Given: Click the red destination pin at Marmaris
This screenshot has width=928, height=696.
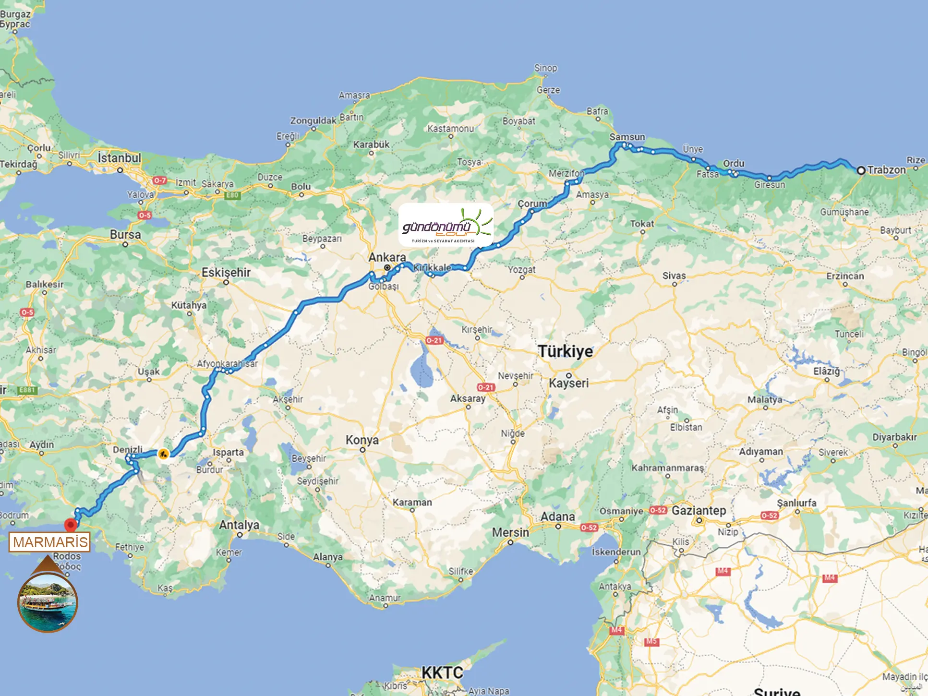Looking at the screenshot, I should point(71,525).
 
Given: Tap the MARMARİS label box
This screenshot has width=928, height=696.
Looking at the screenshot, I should point(50,542).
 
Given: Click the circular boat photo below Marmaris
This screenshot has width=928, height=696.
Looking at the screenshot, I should point(48,603).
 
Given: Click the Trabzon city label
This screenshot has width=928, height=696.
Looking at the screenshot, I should point(886,170).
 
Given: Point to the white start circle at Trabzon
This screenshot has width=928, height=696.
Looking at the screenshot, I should point(861,170).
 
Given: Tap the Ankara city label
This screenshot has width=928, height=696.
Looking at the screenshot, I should point(387,257).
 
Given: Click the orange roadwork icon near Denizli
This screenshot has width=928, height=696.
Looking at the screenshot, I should point(163,454).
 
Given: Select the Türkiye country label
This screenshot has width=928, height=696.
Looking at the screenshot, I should point(565,351).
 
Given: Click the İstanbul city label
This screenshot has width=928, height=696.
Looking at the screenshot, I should point(119,158).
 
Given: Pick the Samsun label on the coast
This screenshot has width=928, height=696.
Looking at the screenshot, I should point(627,137).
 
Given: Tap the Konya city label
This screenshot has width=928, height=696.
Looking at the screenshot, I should point(362,440).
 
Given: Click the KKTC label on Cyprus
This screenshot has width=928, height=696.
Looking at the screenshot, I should point(442,673).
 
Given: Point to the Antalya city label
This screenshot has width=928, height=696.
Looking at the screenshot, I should point(239,525).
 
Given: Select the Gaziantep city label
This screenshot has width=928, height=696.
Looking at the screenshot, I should point(699,510).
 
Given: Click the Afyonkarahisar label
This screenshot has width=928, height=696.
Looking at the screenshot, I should point(227,363).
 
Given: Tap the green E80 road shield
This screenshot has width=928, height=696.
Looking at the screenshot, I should point(232,195).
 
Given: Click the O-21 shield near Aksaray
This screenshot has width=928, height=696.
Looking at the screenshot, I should point(486,387).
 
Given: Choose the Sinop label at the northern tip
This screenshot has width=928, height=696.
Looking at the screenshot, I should point(546,68).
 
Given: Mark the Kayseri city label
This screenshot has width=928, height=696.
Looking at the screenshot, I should point(568,383).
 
